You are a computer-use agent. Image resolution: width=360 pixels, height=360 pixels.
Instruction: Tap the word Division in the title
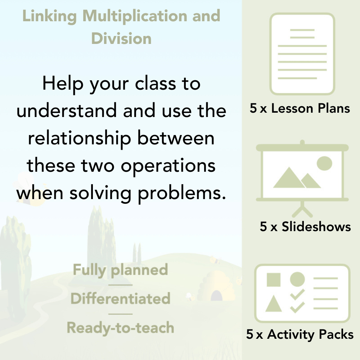point(121,38)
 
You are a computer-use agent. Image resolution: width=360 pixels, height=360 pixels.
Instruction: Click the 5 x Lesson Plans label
point(300,108)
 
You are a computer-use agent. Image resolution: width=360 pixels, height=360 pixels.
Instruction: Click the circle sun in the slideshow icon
point(324,163)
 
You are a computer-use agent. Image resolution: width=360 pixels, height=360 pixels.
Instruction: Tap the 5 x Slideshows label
point(305,226)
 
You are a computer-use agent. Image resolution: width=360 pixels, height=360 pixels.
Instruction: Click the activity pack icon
point(302,293)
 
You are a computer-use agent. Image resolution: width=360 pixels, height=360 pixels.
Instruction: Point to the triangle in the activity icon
point(273,304)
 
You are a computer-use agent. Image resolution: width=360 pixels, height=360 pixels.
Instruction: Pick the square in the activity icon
point(274,280)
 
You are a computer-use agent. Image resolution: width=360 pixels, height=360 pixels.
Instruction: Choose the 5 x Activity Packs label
point(300,334)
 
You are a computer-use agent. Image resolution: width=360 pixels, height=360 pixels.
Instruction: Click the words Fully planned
point(121,270)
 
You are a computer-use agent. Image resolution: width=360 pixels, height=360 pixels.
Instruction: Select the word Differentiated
point(120,299)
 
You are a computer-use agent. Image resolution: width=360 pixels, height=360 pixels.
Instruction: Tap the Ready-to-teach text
point(120,328)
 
